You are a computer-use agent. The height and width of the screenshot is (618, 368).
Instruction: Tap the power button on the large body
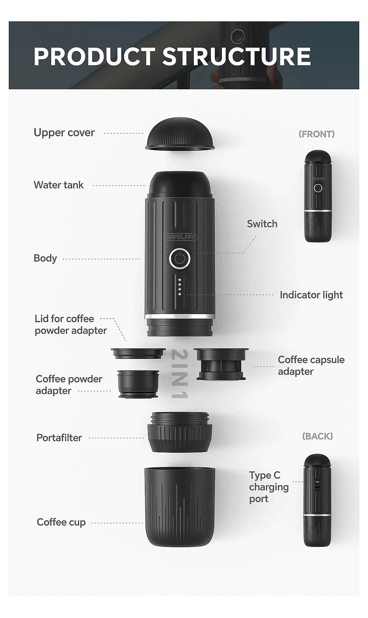pyautogui.click(x=179, y=259)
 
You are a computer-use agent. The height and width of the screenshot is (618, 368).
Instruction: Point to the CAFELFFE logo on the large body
pyautogui.click(x=180, y=237)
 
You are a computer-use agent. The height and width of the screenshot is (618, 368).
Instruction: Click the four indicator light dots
pyautogui.click(x=180, y=287)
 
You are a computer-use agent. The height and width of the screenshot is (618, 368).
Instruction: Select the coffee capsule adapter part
pyautogui.click(x=221, y=364)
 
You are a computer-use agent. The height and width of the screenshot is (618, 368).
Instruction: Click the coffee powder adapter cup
pyautogui.click(x=138, y=384)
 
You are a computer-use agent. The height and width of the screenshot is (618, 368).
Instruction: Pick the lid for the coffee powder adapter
pyautogui.click(x=138, y=353)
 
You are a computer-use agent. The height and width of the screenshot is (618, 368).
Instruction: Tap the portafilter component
pyautogui.click(x=179, y=432)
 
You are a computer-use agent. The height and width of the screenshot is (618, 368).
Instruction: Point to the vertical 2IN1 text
pyautogui.click(x=180, y=374)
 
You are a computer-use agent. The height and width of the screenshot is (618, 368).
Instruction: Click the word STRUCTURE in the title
pyautogui.click(x=237, y=57)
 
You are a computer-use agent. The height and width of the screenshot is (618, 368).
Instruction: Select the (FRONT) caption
pyautogui.click(x=316, y=134)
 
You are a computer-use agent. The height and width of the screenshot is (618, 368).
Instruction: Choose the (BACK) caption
pyautogui.click(x=317, y=436)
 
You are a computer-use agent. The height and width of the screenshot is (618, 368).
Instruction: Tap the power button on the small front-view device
pyautogui.click(x=318, y=188)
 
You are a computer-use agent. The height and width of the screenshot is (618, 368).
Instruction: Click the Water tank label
pyautogui.click(x=59, y=185)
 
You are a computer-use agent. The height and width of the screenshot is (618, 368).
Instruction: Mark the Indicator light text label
pyautogui.click(x=311, y=295)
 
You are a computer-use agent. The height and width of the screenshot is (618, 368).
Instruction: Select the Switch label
pyautogui.click(x=262, y=224)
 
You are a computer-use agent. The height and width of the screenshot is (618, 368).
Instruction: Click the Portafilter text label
pyautogui.click(x=59, y=438)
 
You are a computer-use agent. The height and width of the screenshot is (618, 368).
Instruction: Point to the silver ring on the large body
pyautogui.click(x=179, y=317)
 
